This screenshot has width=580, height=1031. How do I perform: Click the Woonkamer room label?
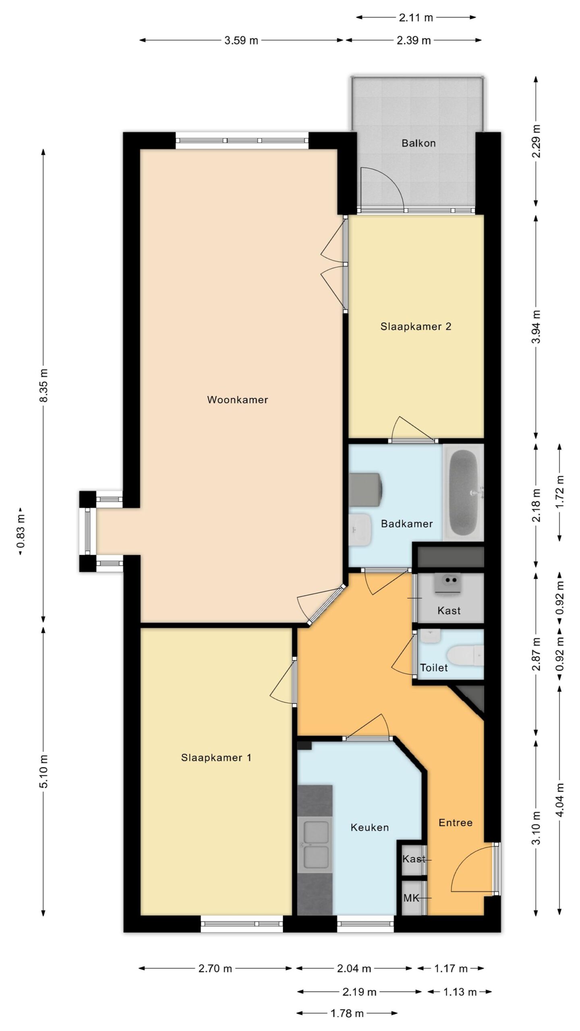click(237, 400)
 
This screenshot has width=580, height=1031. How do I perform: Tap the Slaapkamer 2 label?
click(416, 327)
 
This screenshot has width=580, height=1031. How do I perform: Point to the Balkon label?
click(418, 143)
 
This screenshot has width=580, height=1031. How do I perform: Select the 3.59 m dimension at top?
click(241, 40)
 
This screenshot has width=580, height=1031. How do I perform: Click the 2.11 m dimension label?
click(416, 18)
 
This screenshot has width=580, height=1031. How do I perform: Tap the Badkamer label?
click(407, 524)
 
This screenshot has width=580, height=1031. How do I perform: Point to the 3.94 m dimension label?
click(536, 326)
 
